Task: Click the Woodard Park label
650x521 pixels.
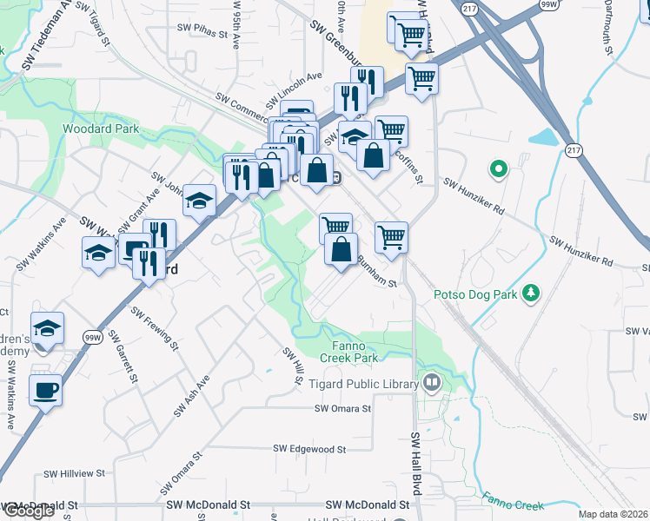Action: [x=101, y=129]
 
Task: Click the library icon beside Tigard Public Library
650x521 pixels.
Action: [x=431, y=382]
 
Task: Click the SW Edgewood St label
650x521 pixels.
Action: [x=309, y=449]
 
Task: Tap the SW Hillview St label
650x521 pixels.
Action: [x=74, y=474]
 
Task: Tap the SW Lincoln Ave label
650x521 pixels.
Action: [x=295, y=86]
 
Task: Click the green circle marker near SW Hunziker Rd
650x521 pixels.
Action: [x=499, y=168]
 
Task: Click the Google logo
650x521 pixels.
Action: [x=28, y=511]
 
